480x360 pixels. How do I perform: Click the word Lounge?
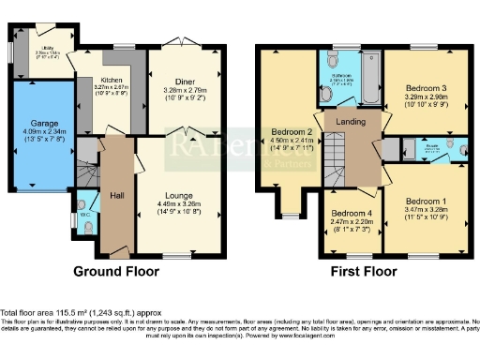point(180,195)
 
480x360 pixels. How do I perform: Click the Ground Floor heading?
point(116,271)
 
